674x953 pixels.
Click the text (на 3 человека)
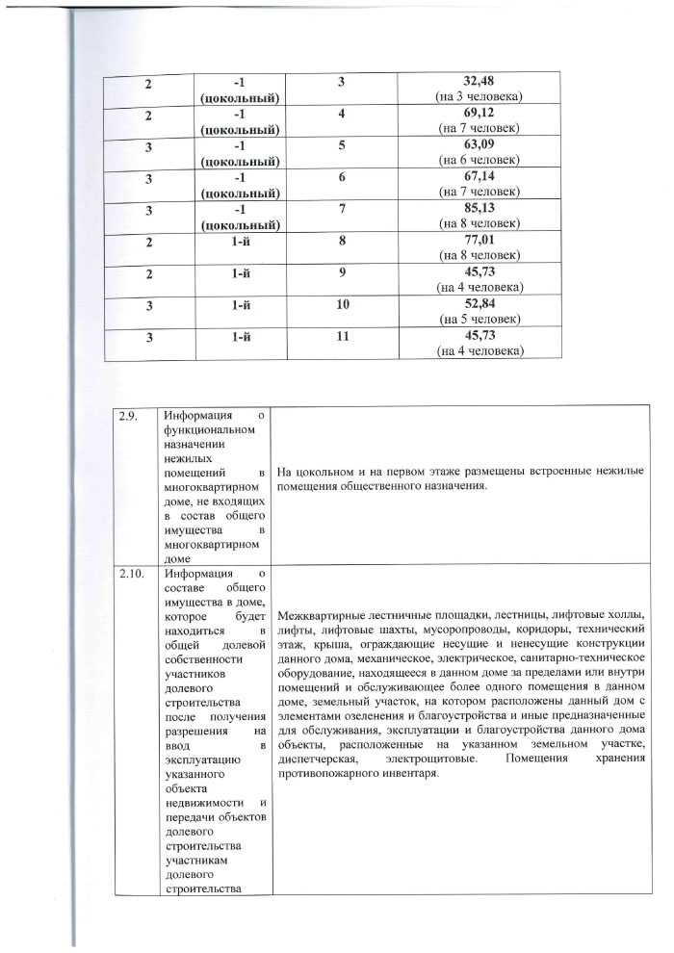479,97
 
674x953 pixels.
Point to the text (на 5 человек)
479,319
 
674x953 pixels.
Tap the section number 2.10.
131,575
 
